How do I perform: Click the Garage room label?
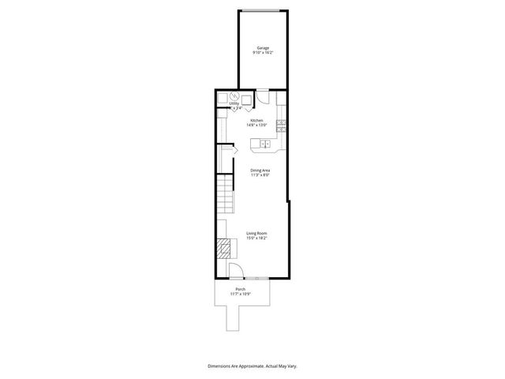click(262, 48)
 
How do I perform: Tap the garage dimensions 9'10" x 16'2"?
click(262, 53)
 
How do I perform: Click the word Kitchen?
click(256, 120)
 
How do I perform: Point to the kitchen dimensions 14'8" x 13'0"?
click(256, 125)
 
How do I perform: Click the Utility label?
click(234, 103)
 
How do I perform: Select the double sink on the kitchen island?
click(266, 144)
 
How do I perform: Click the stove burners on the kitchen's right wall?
click(281, 123)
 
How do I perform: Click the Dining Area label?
click(261, 170)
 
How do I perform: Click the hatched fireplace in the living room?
click(226, 250)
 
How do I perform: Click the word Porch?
click(241, 289)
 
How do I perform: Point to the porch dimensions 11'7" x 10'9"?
click(241, 294)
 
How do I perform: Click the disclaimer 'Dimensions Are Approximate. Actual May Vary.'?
click(252, 366)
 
